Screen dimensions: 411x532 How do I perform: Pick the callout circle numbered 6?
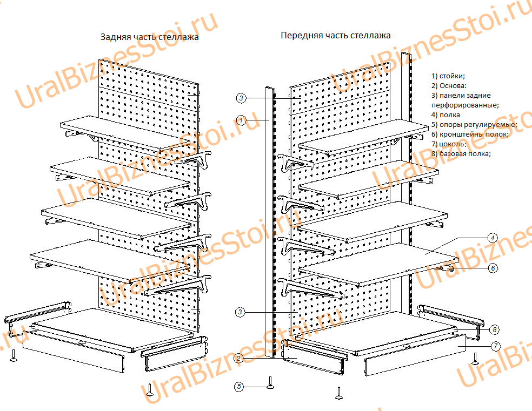[x=492, y=267]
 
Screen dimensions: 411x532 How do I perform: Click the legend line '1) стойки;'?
[x=448, y=76]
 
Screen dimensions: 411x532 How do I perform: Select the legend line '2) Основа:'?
[x=449, y=85]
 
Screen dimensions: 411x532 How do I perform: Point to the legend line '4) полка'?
[x=445, y=114]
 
